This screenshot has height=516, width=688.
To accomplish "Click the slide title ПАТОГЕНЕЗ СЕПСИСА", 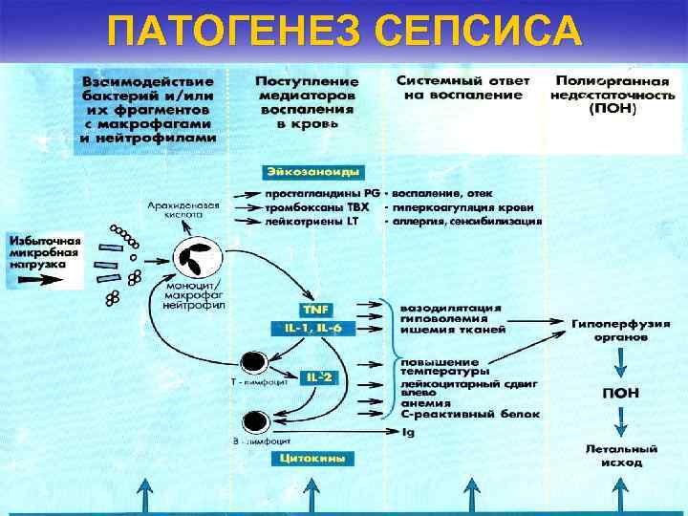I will [344, 31].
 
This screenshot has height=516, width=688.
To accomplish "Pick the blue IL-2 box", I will [318, 377].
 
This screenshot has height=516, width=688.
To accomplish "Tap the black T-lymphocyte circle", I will [253, 362].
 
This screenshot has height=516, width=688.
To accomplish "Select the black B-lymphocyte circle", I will [255, 419].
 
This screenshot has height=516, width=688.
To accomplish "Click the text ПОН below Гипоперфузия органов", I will [621, 393].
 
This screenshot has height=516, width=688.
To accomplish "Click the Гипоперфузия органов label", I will [621, 331].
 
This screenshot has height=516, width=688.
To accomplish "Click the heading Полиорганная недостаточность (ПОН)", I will [614, 95].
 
